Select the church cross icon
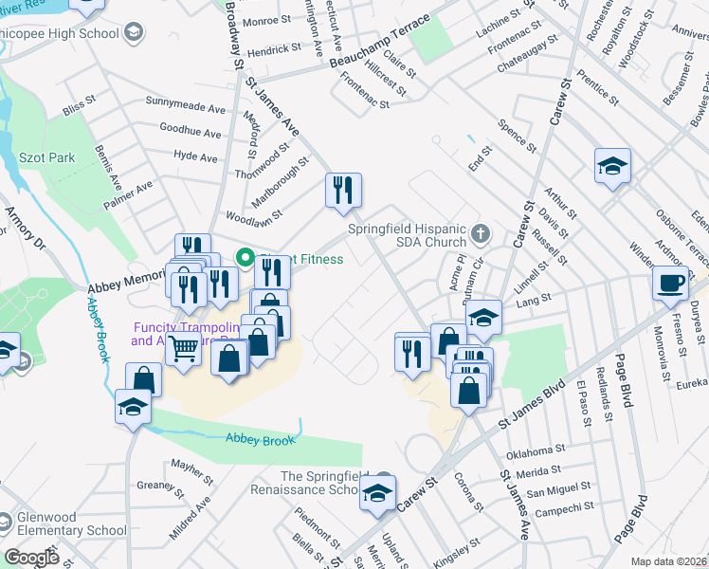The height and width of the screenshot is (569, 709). pos(482,231)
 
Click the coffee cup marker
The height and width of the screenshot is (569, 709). pos(670,283)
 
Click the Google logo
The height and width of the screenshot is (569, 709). pos(31,558)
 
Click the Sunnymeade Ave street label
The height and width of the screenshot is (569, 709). pos(183,101)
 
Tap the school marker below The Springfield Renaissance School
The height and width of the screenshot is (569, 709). pos(376,496)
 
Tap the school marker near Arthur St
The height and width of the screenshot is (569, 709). pos(612,167)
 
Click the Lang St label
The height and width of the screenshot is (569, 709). pos(534,303)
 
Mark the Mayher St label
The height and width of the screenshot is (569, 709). pos(193,466)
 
